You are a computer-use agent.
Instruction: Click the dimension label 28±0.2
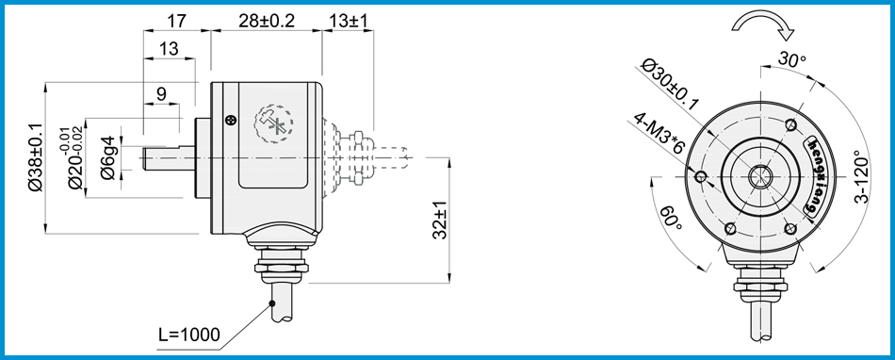pyautogui.click(x=266, y=21)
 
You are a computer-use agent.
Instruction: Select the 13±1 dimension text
pyautogui.click(x=349, y=21)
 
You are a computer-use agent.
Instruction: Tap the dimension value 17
pyautogui.click(x=176, y=21)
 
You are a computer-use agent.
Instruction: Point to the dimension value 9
pyautogui.click(x=161, y=93)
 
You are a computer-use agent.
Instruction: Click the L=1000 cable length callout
pyautogui.click(x=188, y=335)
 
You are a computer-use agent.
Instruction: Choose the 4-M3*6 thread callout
pyautogui.click(x=659, y=134)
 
